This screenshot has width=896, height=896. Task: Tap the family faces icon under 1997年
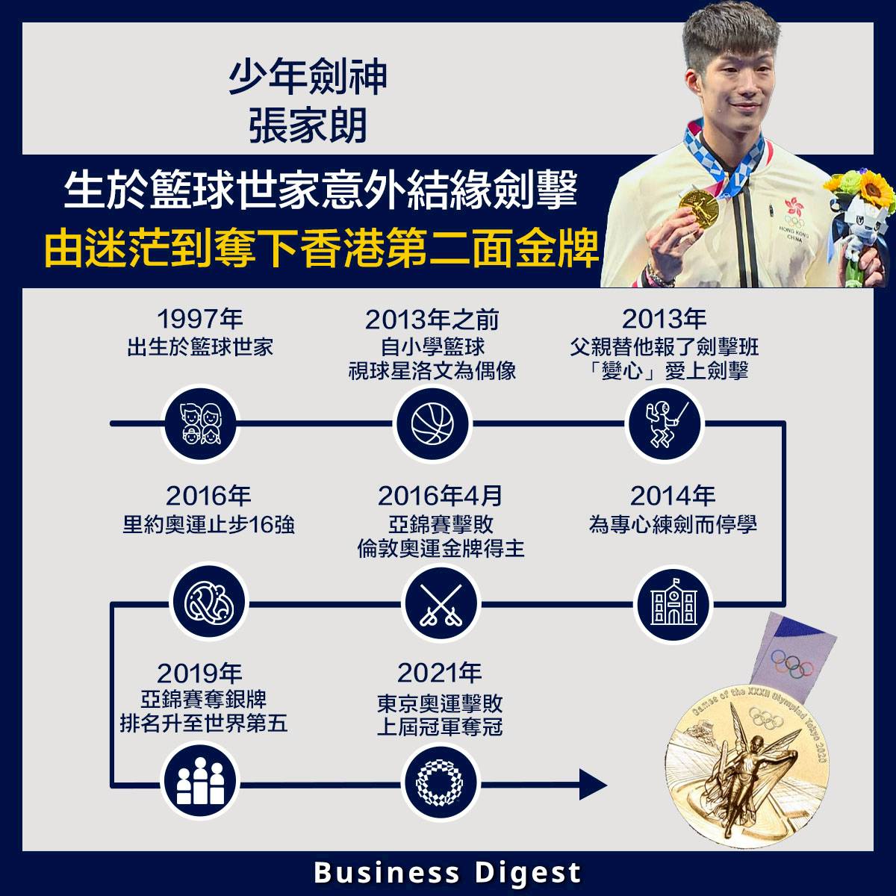pyautogui.click(x=199, y=424)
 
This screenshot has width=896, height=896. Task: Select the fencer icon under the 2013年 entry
pyautogui.click(x=664, y=424)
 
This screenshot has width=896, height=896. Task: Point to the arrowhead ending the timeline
pyautogui.click(x=594, y=784)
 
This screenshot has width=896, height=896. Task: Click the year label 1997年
pyautogui.click(x=199, y=320)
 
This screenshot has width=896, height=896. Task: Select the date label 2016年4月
pyautogui.click(x=441, y=496)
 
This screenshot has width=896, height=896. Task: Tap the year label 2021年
pyautogui.click(x=440, y=673)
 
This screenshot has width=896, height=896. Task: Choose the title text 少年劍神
pyautogui.click(x=308, y=78)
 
